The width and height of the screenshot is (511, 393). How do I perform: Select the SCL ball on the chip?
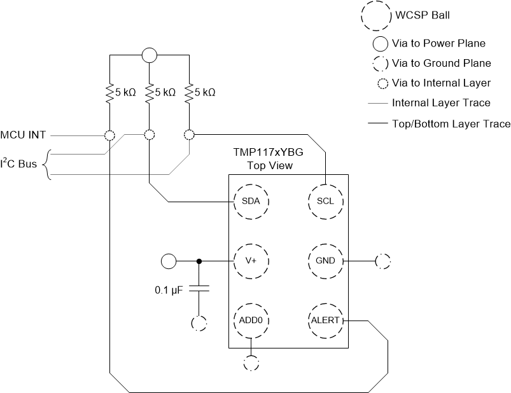tap(325, 202)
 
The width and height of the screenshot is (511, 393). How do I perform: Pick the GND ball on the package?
tap(325, 261)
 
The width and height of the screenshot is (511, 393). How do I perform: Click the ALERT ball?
tap(325, 320)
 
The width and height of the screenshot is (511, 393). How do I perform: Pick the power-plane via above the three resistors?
tap(149, 55)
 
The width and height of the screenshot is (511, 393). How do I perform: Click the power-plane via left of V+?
tap(169, 261)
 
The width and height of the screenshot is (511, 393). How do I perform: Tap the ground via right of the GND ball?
tap(383, 261)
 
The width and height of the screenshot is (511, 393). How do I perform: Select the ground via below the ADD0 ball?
tap(251, 363)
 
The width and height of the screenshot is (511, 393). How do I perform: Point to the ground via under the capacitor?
tap(199, 322)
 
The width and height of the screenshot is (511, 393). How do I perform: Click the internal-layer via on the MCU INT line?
tap(109, 135)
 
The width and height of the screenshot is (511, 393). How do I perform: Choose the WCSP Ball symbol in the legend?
tap(375, 15)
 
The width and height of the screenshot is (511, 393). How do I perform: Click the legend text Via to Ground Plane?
tap(441, 63)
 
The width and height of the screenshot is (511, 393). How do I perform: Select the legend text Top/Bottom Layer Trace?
tap(451, 123)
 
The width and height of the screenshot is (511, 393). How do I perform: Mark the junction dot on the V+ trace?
tap(199, 261)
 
